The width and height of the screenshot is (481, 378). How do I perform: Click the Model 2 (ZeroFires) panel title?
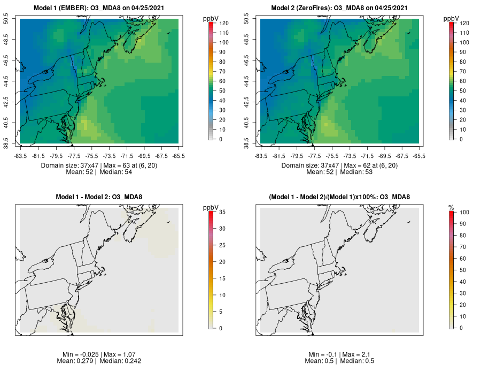click(x=340, y=8)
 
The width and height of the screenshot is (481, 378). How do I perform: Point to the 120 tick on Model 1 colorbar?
click(x=220, y=23)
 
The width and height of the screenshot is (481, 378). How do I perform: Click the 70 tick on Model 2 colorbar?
click(x=461, y=71)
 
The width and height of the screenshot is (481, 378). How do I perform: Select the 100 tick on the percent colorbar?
click(x=461, y=213)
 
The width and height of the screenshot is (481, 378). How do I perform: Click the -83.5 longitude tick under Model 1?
click(x=21, y=156)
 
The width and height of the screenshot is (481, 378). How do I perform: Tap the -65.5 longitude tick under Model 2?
click(x=419, y=156)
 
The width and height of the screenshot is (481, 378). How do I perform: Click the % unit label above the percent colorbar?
click(x=451, y=207)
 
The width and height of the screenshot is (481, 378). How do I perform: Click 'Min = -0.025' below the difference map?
click(x=79, y=354)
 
